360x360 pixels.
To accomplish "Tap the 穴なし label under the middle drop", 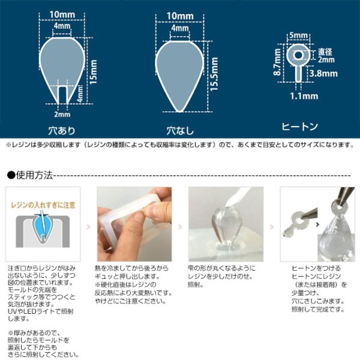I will pyautogui.click(x=178, y=128).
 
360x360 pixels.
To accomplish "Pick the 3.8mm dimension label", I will pyautogui.click(x=324, y=74).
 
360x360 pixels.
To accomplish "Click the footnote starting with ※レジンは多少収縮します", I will pyautogui.click(x=180, y=145).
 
